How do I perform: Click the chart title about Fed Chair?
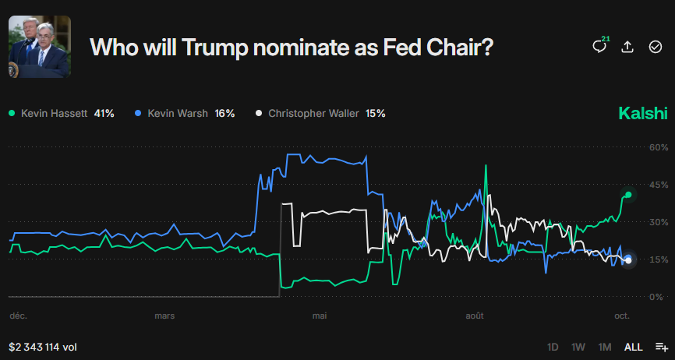coord(292,47)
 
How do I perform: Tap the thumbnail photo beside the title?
coord(39,47)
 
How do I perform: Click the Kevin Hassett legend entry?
coord(62,113)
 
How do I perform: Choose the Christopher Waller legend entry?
coord(320,113)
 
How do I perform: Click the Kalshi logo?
coord(643,114)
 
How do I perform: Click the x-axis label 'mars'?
coord(164,316)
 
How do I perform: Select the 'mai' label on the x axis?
coord(320,316)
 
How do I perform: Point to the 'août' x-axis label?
coord(474,316)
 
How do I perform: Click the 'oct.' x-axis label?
coord(621,316)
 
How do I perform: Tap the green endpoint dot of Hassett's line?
coord(628,195)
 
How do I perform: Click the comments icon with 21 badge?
coord(599,47)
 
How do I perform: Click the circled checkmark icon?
coord(656,47)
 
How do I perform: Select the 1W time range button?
coord(578,347)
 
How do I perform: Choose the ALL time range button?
coord(633,347)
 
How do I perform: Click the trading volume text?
coord(43,347)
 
